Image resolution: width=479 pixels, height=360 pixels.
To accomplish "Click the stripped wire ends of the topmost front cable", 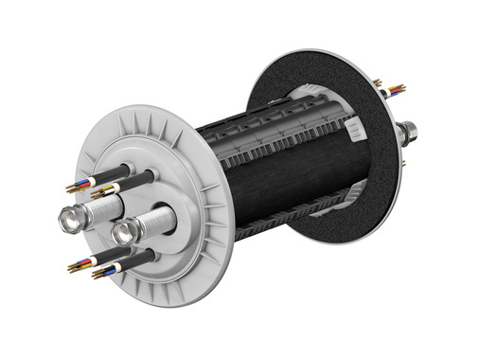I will point(78,188).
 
